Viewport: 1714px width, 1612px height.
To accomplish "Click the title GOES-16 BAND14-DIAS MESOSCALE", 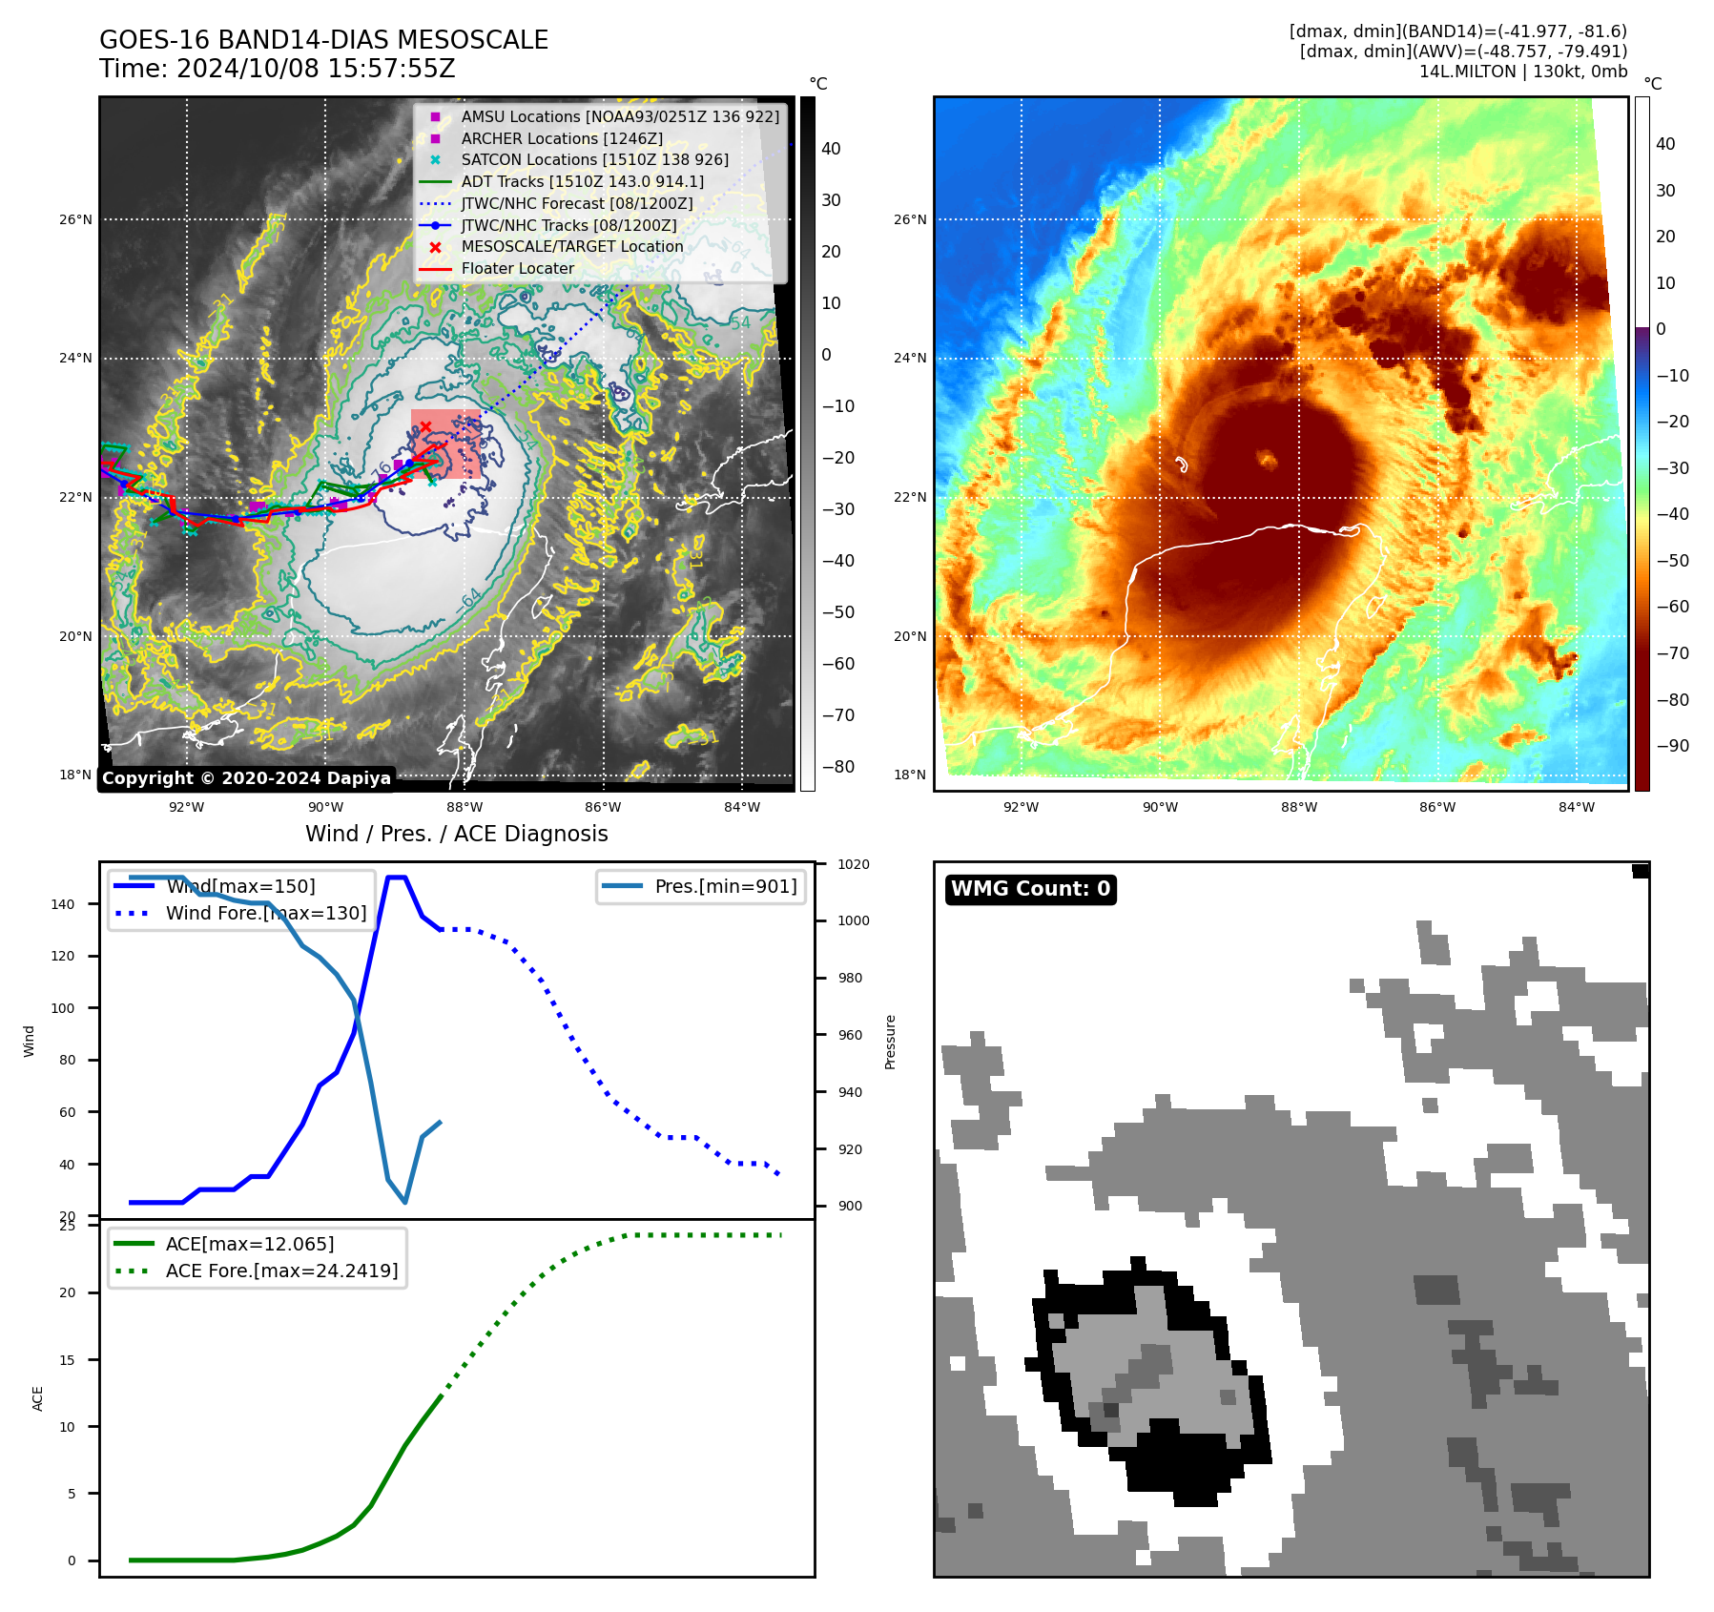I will click(x=323, y=40).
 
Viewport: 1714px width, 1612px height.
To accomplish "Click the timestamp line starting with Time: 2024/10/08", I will click(x=277, y=69).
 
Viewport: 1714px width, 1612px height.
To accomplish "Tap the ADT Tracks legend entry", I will click(x=582, y=181).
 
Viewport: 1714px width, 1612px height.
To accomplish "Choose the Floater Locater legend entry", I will click(x=517, y=269).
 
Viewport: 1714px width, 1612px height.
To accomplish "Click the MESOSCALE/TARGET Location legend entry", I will click(x=571, y=247).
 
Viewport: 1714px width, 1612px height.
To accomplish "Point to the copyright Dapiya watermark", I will click(x=246, y=778).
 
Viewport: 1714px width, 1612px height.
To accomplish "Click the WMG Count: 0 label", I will click(x=1030, y=889).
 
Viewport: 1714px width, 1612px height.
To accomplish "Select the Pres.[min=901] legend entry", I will click(x=725, y=886).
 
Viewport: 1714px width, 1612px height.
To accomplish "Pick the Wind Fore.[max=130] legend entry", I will click(x=265, y=913).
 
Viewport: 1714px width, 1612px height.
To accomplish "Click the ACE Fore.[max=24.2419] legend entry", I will click(x=281, y=1271).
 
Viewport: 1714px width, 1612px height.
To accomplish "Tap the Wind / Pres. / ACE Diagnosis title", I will click(x=456, y=834).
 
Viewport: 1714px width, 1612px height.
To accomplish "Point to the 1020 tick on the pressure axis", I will click(x=853, y=864).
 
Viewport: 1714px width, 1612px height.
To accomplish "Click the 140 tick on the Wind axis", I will click(x=62, y=904).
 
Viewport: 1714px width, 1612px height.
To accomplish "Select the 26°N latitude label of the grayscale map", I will click(x=75, y=219).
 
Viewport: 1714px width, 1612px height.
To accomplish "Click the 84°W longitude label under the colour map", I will click(x=1576, y=807).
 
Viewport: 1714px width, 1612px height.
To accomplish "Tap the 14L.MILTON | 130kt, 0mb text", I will click(x=1522, y=72).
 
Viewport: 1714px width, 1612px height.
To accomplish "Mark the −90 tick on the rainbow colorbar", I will click(x=1671, y=746).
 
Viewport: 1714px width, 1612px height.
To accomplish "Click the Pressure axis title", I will click(x=890, y=1042).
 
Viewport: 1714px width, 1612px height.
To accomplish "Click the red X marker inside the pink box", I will click(x=425, y=426).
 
